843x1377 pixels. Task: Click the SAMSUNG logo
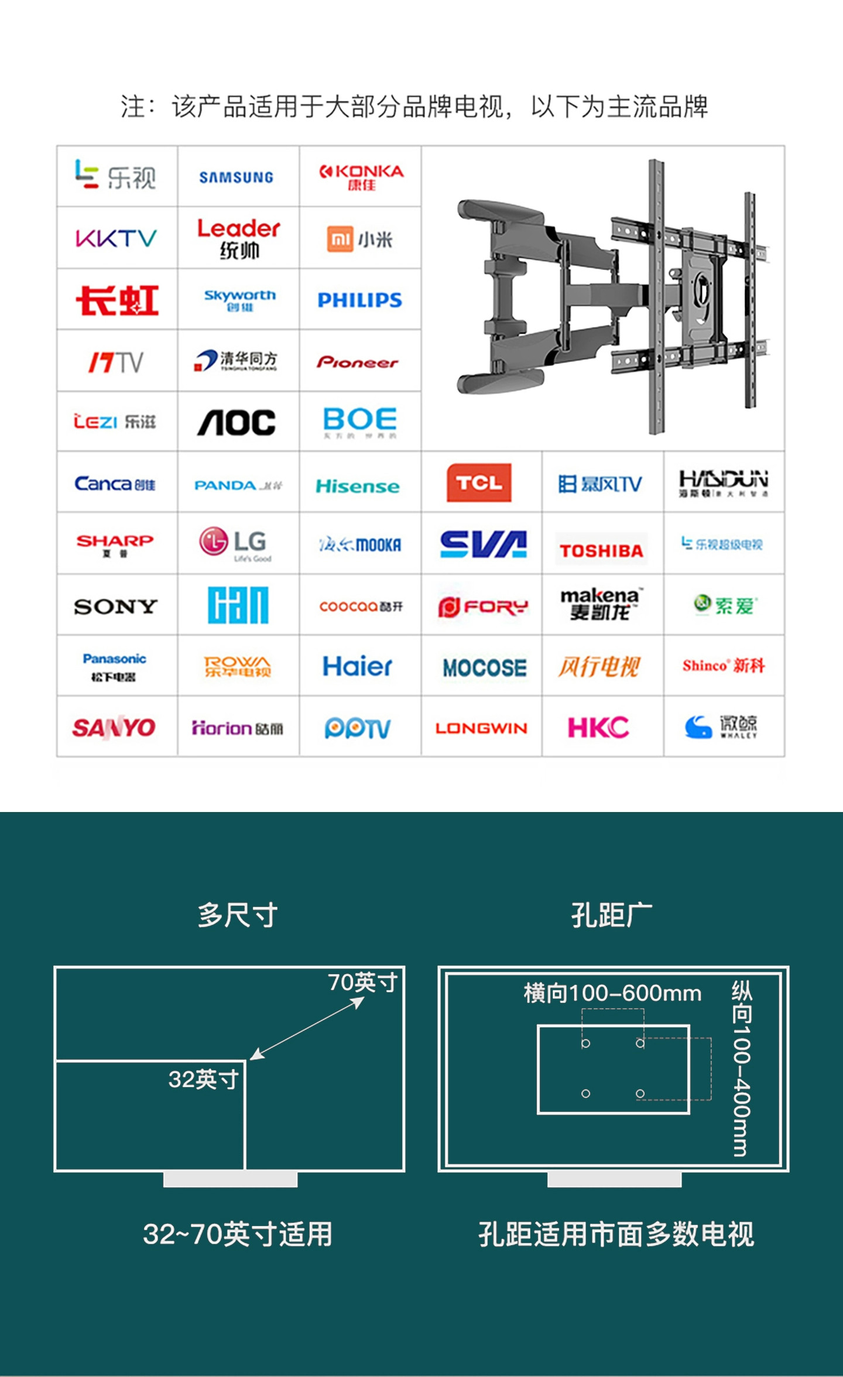[236, 177]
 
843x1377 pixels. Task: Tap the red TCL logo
[479, 483]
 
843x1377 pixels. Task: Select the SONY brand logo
[116, 607]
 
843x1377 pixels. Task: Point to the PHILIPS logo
[359, 300]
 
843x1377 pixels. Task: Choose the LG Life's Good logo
[236, 542]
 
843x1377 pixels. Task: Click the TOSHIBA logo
[601, 550]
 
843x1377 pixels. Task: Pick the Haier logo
[357, 666]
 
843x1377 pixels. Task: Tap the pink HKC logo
[598, 728]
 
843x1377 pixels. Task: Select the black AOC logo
[237, 423]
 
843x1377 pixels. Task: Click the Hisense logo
[358, 486]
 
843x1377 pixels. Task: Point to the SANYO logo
[114, 728]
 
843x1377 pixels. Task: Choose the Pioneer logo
[358, 362]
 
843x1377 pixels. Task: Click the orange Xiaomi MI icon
[340, 239]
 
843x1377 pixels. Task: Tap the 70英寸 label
[363, 982]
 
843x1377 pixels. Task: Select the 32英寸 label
[203, 1079]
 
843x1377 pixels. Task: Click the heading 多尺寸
[237, 915]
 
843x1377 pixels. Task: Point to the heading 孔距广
[612, 915]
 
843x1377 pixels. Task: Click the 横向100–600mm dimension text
[612, 993]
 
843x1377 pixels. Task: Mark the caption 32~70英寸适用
[237, 1234]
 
